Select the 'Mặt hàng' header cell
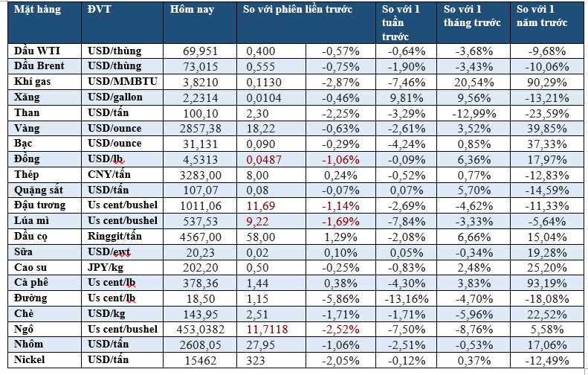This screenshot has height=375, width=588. click(36, 11)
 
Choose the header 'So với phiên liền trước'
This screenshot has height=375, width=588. click(298, 11)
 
